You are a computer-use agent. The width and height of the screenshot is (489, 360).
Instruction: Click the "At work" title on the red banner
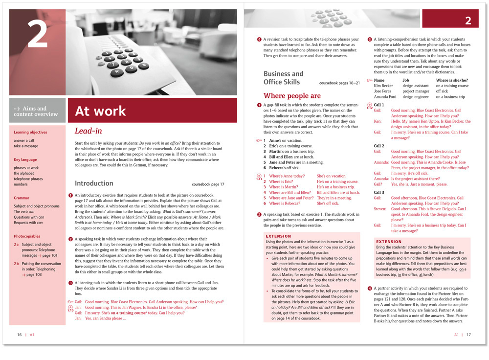click(x=101, y=111)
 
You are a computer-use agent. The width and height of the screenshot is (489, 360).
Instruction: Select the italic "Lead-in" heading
click(x=89, y=131)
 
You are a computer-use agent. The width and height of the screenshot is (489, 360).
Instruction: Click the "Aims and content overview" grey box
click(x=36, y=111)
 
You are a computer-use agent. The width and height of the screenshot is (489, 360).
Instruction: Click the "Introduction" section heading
click(x=94, y=183)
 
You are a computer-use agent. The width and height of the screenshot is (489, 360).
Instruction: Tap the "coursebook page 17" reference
click(x=208, y=184)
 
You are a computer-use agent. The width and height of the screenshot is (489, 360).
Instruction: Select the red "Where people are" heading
click(x=292, y=96)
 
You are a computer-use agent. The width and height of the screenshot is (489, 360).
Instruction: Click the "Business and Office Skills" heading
click(x=283, y=78)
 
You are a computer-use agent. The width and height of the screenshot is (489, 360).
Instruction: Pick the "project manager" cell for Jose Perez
click(x=416, y=91)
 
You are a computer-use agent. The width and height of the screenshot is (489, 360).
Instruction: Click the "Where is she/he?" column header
click(x=452, y=80)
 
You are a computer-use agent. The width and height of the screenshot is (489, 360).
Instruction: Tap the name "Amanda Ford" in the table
click(x=385, y=97)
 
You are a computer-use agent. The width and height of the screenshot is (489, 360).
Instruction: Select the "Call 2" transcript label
click(x=379, y=146)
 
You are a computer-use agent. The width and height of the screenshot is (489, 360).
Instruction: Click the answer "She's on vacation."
click(x=332, y=176)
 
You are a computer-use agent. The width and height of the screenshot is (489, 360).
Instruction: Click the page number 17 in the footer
click(x=468, y=335)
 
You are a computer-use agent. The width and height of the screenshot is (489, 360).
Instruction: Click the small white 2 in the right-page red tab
click(x=468, y=21)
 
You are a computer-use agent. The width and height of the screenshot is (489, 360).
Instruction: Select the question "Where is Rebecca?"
click(x=285, y=203)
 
